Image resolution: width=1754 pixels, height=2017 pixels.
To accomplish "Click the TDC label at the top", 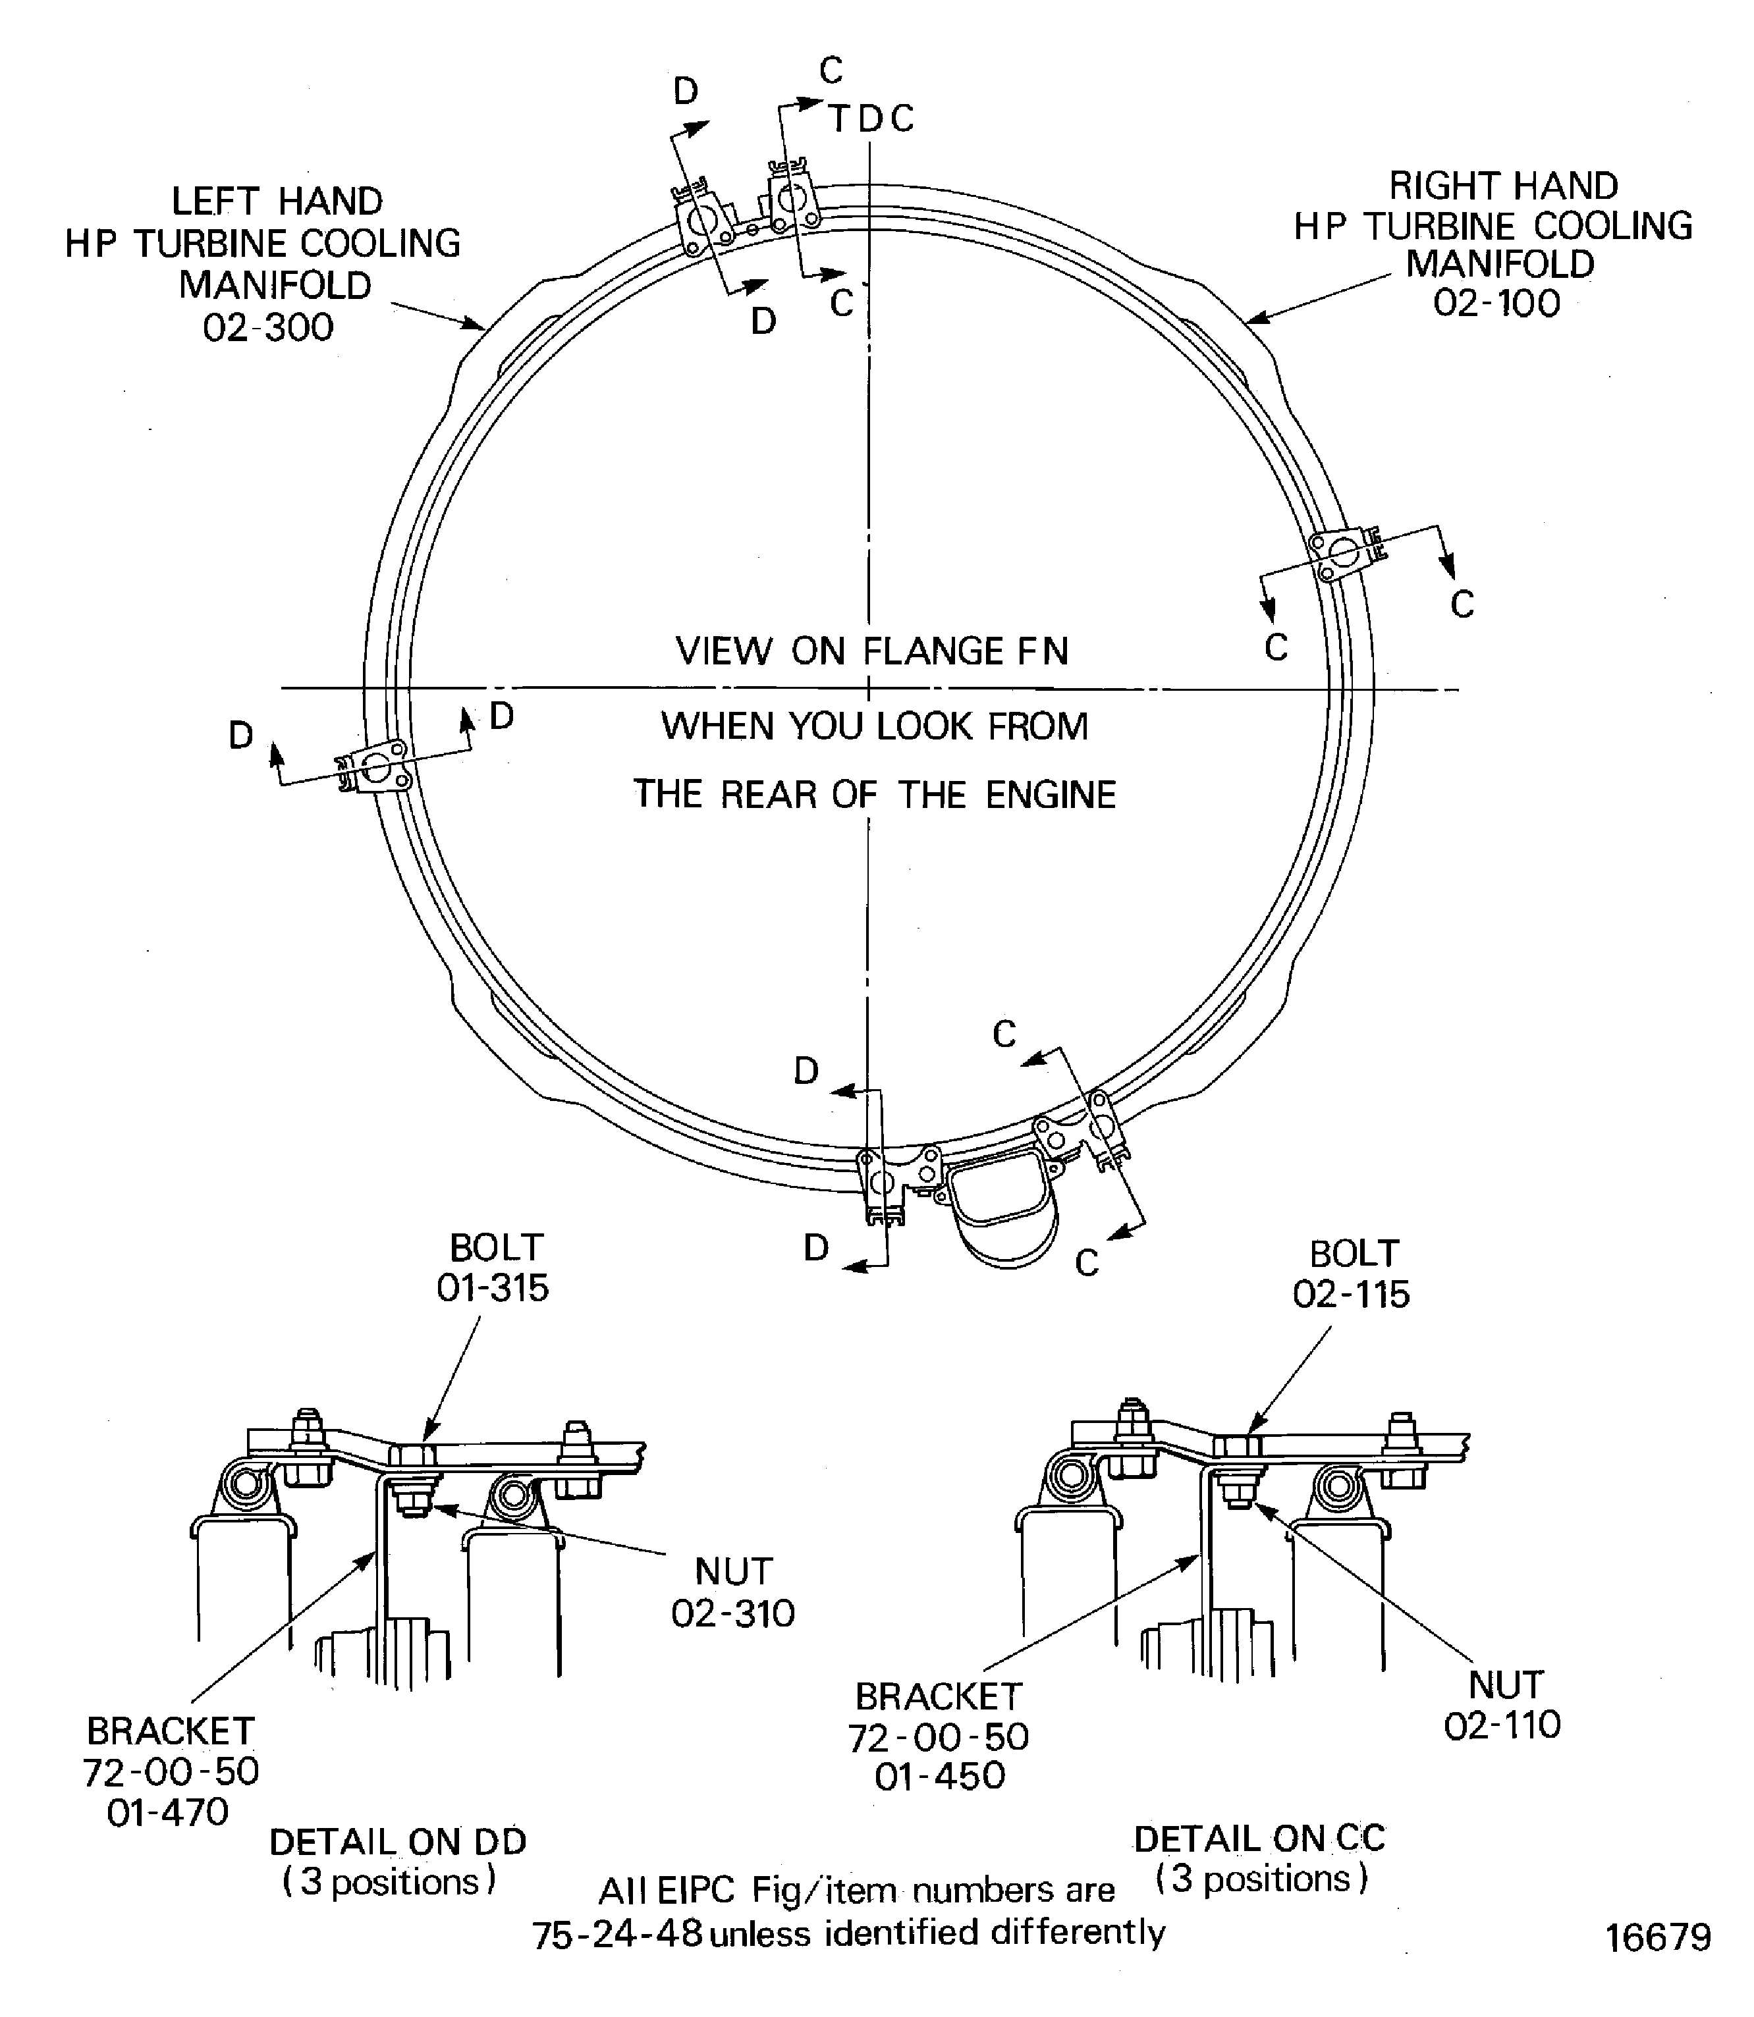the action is coord(871,119).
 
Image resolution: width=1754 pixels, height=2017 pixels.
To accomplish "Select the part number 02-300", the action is coord(268,327).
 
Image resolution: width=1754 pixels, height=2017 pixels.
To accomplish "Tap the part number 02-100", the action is coord(1496,304).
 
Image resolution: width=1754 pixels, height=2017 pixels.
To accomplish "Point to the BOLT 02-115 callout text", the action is coord(1352,1274).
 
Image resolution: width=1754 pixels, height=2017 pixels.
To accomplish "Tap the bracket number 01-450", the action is coord(940,1776).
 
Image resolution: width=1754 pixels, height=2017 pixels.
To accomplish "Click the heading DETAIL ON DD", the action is coord(397,1842).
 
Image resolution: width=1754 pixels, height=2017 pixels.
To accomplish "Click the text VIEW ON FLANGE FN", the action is coord(871,651).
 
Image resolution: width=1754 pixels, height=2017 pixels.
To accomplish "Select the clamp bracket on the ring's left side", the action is coord(374,766).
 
